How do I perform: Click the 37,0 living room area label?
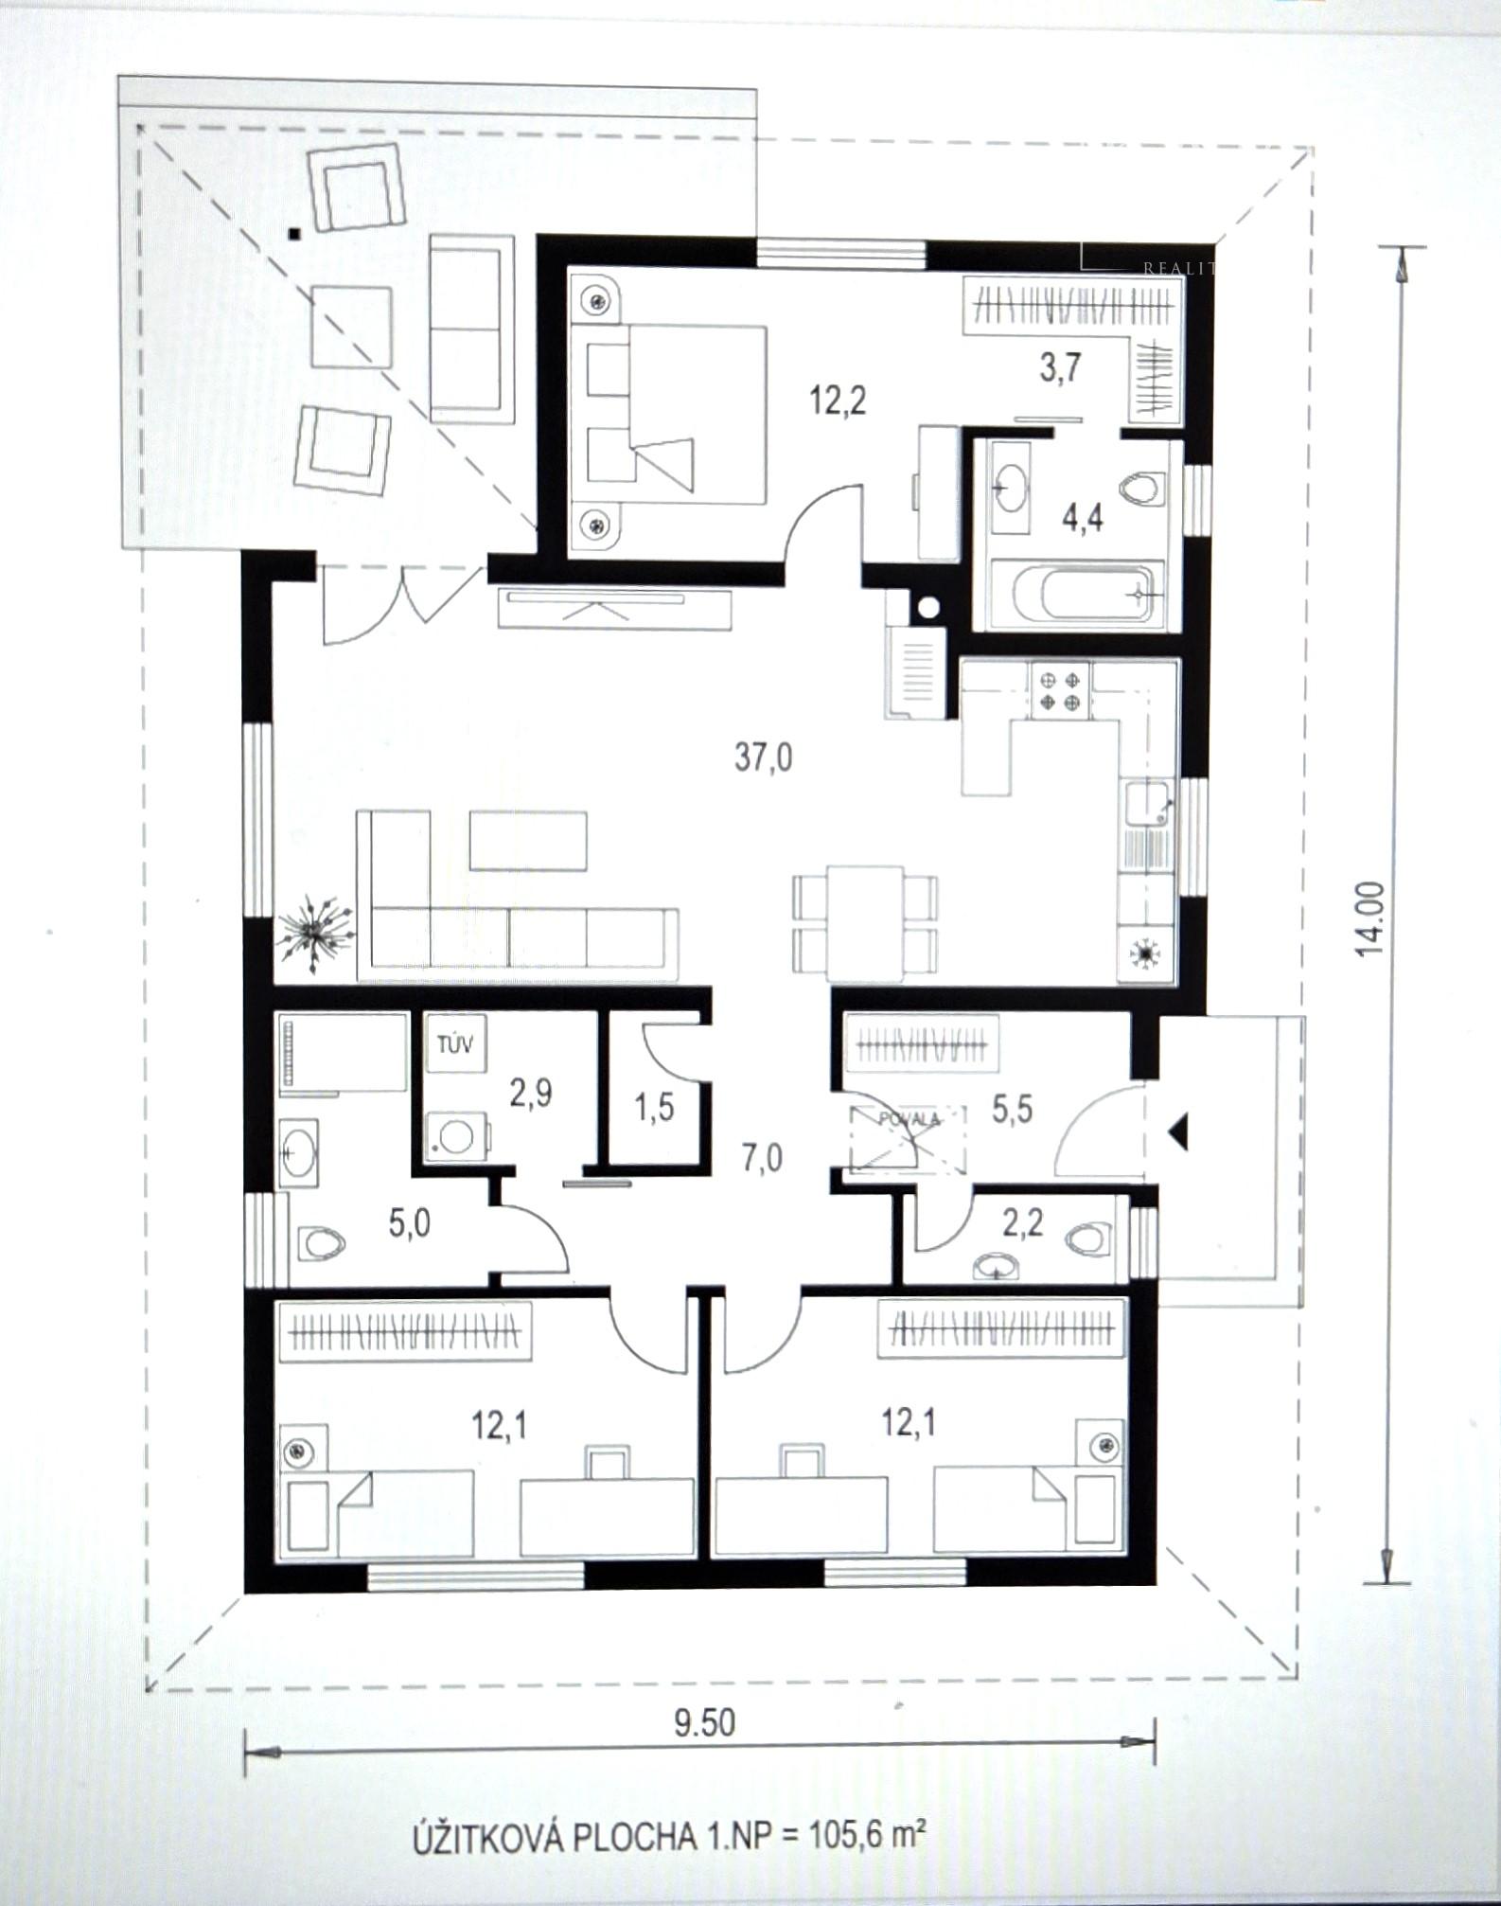763,757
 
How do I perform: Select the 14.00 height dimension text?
1370,918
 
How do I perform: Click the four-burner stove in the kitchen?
1058,690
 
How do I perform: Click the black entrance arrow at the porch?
1179,1131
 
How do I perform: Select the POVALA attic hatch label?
909,1118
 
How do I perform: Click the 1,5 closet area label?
654,1106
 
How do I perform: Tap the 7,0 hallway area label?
762,1157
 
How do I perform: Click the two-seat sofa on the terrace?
469,329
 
